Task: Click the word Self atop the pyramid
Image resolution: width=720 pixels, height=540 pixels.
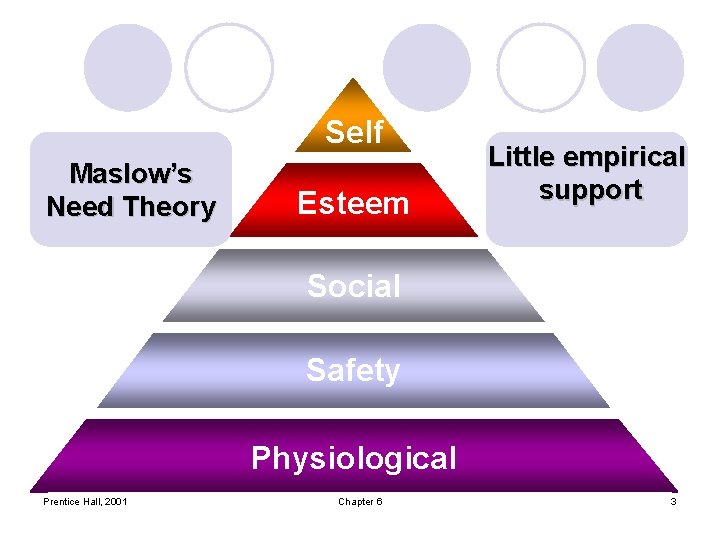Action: (354, 132)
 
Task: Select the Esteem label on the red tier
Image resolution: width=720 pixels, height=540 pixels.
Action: (354, 203)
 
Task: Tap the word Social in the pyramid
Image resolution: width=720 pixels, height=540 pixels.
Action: (354, 286)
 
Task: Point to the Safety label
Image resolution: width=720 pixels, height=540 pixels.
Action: (353, 370)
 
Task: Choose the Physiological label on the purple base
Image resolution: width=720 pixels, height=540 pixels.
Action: (354, 458)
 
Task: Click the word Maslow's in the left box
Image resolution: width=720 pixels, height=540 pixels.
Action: (131, 174)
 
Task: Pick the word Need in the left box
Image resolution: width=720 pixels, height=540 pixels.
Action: (80, 207)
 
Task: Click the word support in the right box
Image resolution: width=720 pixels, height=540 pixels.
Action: (590, 190)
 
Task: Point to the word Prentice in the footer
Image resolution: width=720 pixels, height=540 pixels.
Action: (63, 501)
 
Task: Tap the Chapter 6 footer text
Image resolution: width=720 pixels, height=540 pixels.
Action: (360, 501)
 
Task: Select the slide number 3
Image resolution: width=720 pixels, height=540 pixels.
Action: (673, 501)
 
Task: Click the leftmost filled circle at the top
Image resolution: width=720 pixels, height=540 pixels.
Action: (128, 67)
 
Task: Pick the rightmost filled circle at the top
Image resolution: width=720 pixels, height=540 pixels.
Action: (641, 67)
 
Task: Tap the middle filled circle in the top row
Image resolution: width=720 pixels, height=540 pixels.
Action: (427, 67)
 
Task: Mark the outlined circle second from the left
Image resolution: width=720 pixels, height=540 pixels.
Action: (229, 67)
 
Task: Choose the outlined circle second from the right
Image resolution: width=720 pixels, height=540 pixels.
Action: (541, 67)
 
